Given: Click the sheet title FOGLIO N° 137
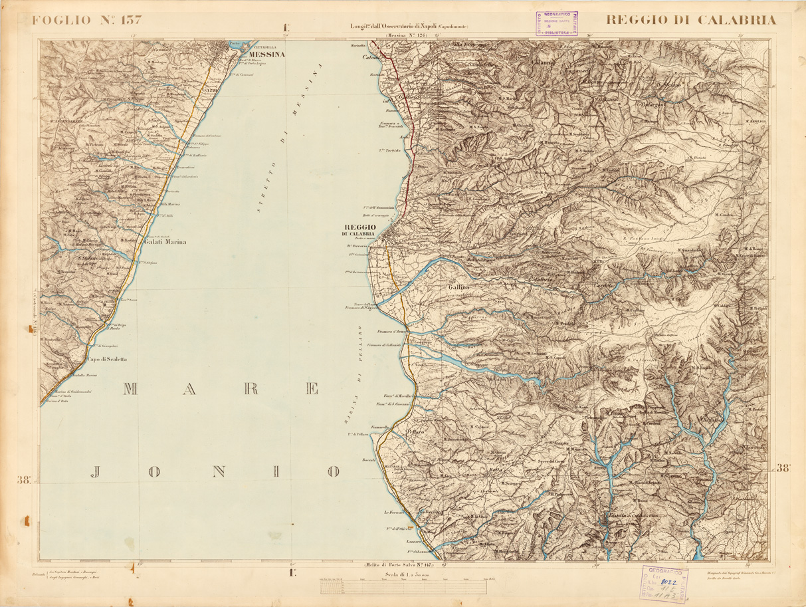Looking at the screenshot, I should coord(87,19).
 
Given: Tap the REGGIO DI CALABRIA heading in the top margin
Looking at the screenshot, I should coord(690,19).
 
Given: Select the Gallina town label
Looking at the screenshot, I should coord(458,287).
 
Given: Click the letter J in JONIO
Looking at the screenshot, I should coord(96,472).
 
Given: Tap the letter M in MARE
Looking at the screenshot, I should coord(129,390).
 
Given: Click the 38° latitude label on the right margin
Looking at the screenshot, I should coord(785,468).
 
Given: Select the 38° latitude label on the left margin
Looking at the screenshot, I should coord(25,480).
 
